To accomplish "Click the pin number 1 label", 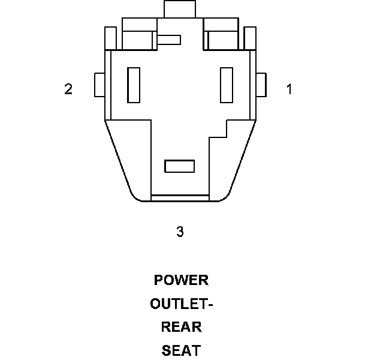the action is [x=289, y=89].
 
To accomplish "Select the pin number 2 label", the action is [x=68, y=89].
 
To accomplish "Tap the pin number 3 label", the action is [x=180, y=232].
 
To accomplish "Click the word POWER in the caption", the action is [x=181, y=280].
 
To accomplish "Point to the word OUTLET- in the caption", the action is [x=182, y=304].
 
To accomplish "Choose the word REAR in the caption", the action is [x=182, y=327].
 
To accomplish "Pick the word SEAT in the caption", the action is [x=181, y=350].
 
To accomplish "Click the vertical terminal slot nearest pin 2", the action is [x=134, y=85].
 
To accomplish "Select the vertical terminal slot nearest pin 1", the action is [x=227, y=85].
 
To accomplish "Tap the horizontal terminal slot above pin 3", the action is [x=179, y=166].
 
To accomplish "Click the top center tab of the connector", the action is [x=180, y=9].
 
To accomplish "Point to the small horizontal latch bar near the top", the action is [x=169, y=40].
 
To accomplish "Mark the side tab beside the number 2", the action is [x=99, y=85].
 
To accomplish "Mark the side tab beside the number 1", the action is [x=261, y=85].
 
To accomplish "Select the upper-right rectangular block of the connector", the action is [x=221, y=34].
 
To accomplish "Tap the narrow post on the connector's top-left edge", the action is [x=110, y=38].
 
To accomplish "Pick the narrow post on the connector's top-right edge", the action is [x=251, y=38].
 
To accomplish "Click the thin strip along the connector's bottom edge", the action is [x=179, y=198].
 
